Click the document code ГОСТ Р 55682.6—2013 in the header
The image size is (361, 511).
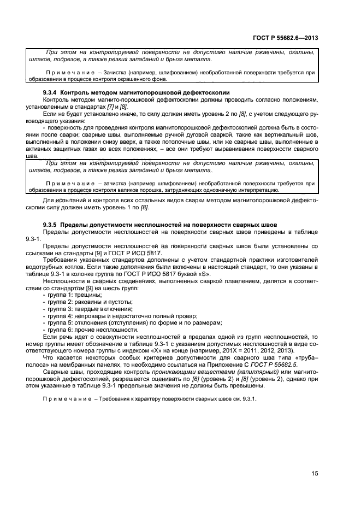coord(292,38)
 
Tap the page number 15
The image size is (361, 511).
coord(315,474)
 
